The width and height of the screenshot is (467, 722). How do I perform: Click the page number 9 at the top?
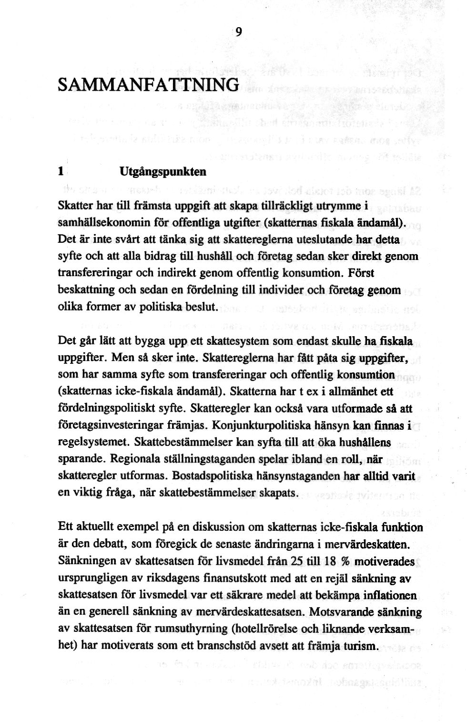239,32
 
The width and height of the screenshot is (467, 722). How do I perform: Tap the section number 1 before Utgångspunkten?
61,171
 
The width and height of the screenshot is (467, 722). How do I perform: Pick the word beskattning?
86,290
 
